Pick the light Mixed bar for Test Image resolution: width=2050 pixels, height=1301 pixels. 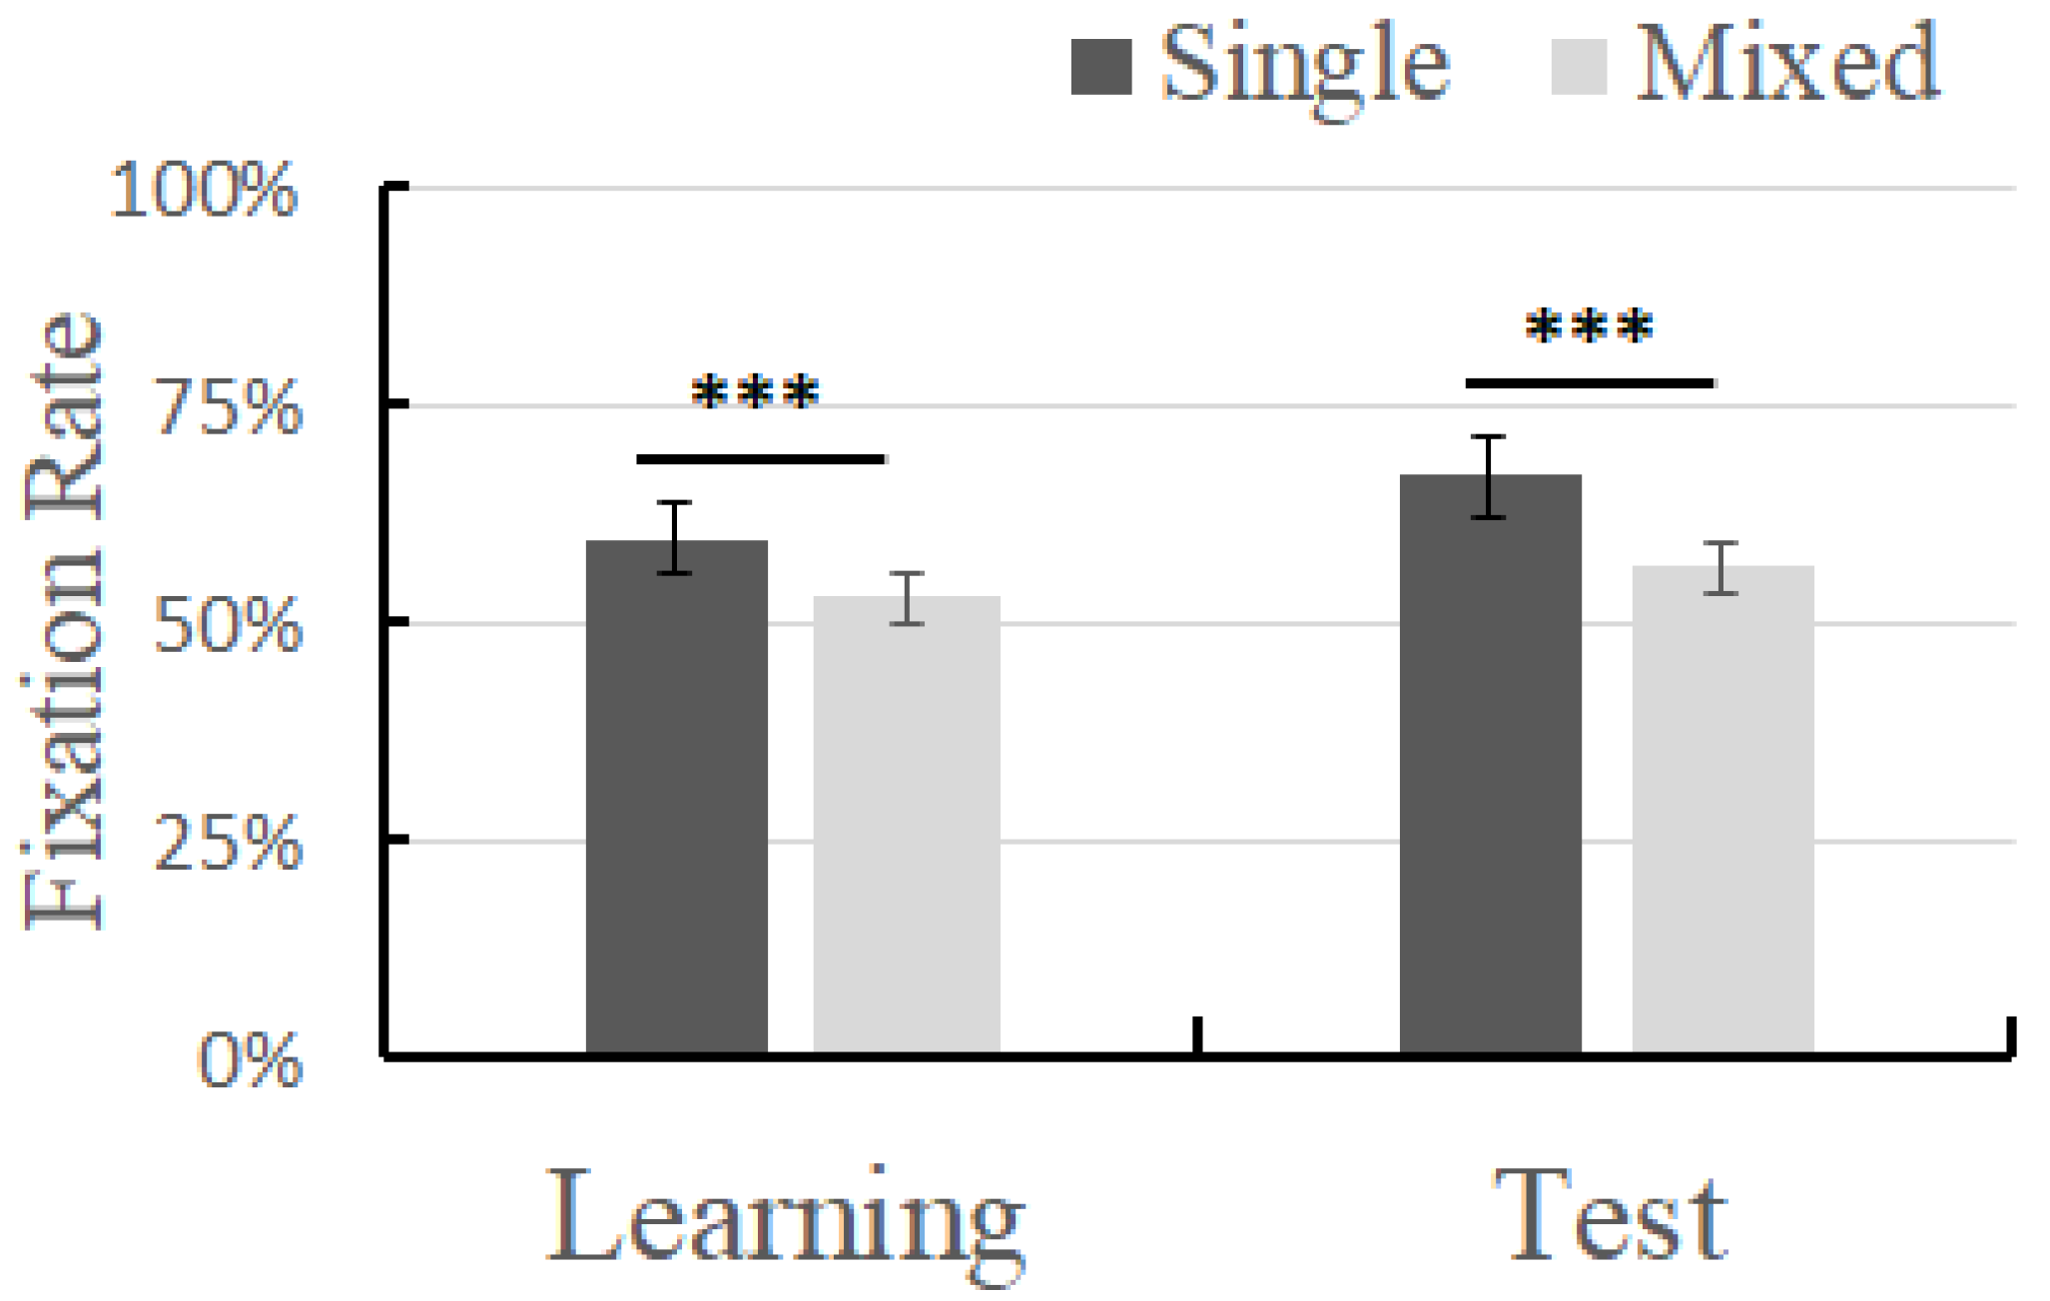[1722, 809]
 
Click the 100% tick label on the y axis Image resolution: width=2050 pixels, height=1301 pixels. [204, 190]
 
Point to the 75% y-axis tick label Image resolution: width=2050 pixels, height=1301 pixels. [229, 407]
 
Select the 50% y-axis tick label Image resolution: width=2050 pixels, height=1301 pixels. [229, 626]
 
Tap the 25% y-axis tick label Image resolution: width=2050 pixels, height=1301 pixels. [229, 844]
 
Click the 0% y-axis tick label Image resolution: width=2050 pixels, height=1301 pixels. [250, 1060]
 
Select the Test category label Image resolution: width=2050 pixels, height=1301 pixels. [1610, 1216]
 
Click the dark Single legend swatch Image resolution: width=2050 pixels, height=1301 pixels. [1100, 67]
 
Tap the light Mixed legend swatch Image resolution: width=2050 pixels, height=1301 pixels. [1579, 67]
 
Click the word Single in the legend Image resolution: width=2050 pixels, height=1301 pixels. [1304, 65]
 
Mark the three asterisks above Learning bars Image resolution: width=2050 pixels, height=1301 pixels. [756, 392]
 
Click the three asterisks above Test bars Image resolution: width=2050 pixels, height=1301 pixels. [1589, 326]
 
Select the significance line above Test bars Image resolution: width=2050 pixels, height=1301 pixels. [1589, 383]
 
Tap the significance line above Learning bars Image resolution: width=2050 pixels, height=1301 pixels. [760, 459]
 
